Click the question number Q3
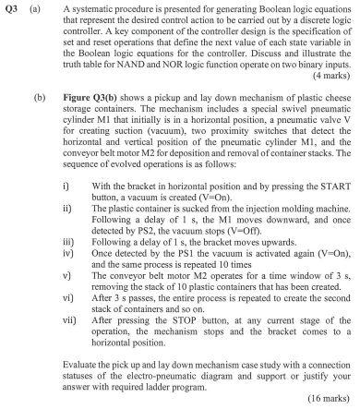(12, 9)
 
